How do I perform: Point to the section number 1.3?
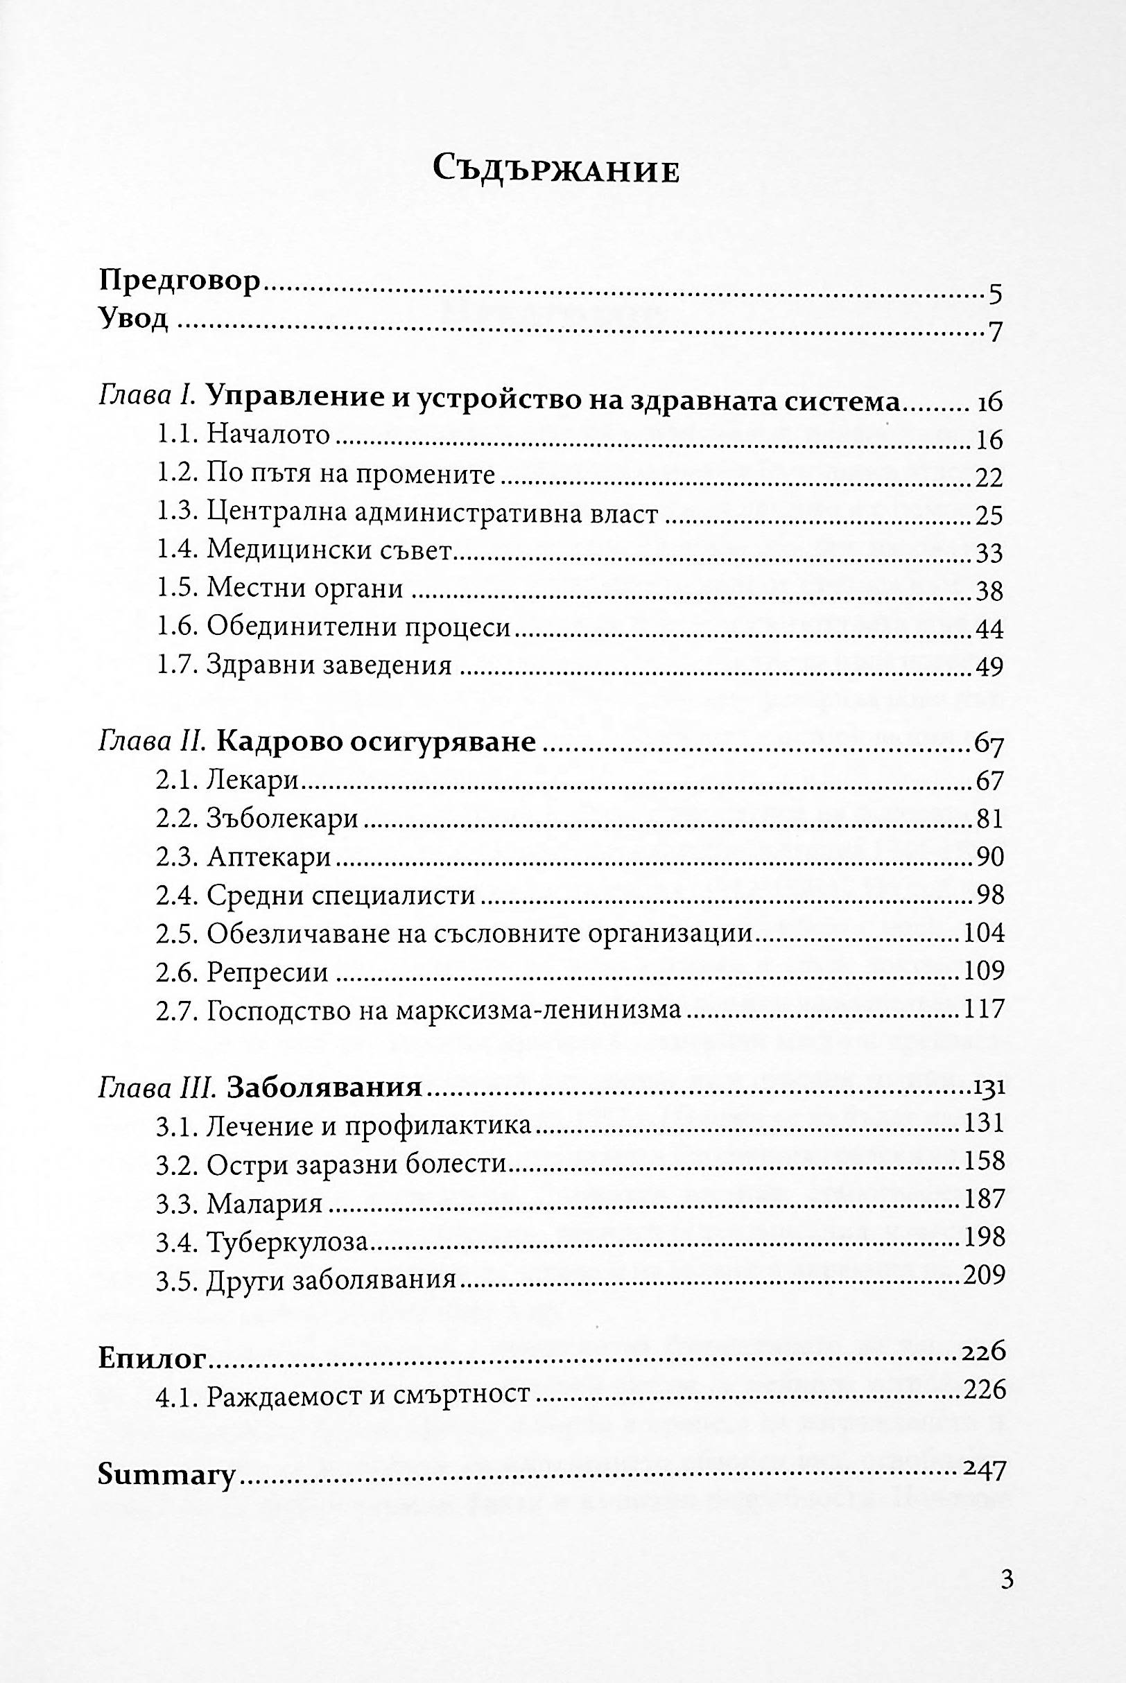coord(175,514)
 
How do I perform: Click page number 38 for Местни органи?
coord(989,591)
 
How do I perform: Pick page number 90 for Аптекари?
coord(989,857)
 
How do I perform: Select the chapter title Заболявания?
coord(324,1088)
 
